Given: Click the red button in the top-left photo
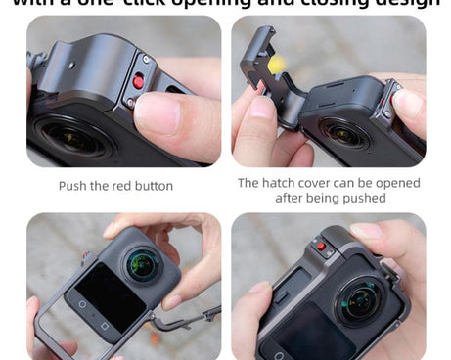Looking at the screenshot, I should pos(139,82).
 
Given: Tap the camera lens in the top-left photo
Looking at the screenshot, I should pos(70,136).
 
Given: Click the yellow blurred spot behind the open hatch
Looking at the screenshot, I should pos(277,65).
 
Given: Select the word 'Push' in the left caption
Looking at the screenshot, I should pos(74,186).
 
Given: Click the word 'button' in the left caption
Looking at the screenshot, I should pos(154,186).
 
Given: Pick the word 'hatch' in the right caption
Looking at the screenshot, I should pos(285,183).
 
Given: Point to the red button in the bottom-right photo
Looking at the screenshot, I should pos(320,246).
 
